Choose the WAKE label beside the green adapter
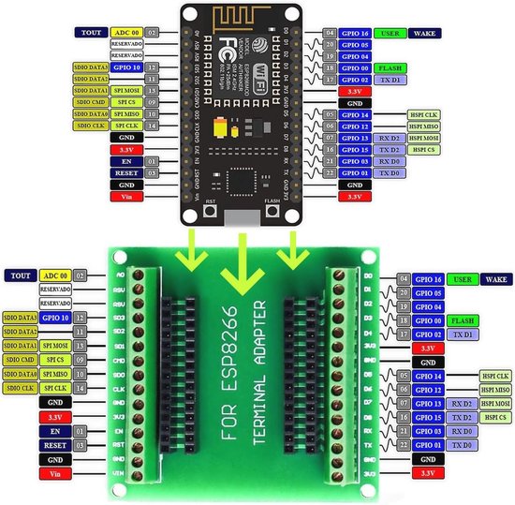click(495, 279)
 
